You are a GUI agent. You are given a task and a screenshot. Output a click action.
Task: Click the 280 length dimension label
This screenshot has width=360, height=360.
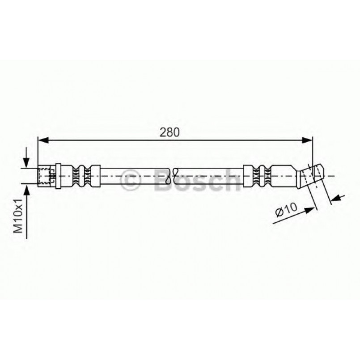pos(169,132)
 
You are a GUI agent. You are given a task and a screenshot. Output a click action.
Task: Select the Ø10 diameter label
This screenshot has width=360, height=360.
pos(287,209)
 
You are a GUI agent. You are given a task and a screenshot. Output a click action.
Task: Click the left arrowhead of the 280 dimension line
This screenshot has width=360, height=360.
pos(43,140)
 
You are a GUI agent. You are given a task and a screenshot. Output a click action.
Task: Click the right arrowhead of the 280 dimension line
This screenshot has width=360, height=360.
pos(307,140)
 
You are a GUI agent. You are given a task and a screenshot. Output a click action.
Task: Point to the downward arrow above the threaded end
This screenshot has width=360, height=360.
pos(26,157)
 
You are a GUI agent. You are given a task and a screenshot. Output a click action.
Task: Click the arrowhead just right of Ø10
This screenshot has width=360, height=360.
pos(309,210)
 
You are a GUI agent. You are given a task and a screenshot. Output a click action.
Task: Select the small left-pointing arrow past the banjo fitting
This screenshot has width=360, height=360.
pos(338,198)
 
